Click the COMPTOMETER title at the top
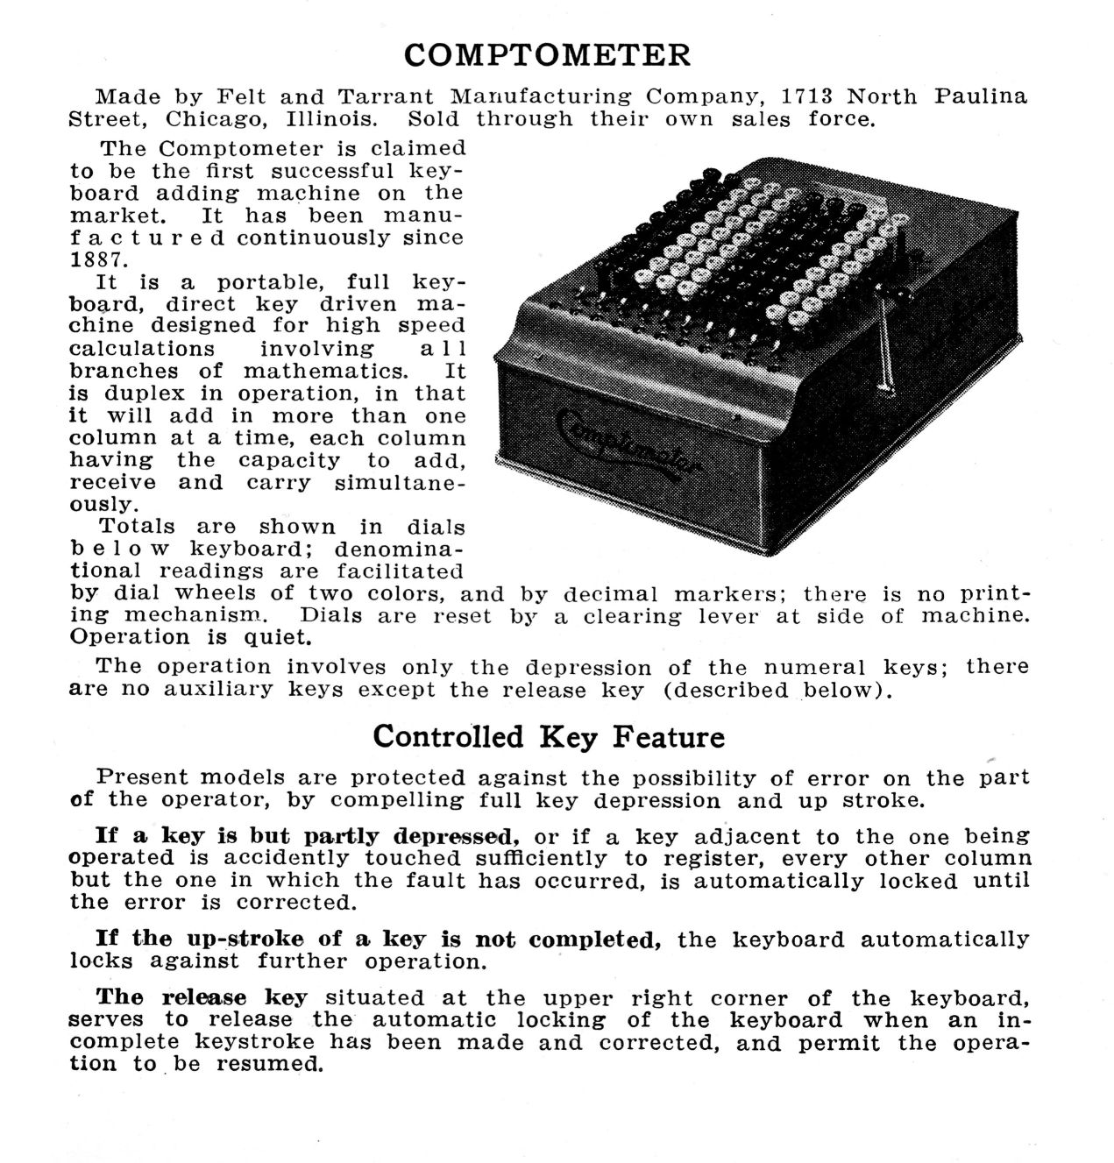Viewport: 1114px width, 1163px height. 547,55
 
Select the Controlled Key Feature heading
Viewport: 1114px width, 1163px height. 549,736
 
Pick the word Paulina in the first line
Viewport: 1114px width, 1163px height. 980,96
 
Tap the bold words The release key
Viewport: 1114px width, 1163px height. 202,997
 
